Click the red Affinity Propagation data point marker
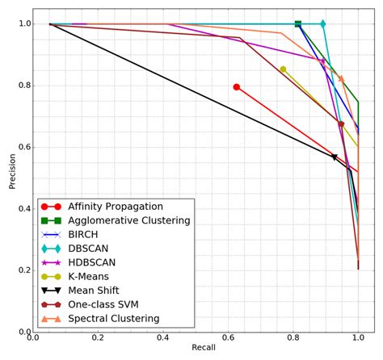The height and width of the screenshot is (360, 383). tap(237, 86)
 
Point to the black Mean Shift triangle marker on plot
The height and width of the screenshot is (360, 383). tap(335, 157)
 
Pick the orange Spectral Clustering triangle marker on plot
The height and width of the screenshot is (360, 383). tap(341, 79)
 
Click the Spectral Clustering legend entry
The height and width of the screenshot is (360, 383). tap(120, 320)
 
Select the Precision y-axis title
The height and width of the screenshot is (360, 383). tap(12, 170)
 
